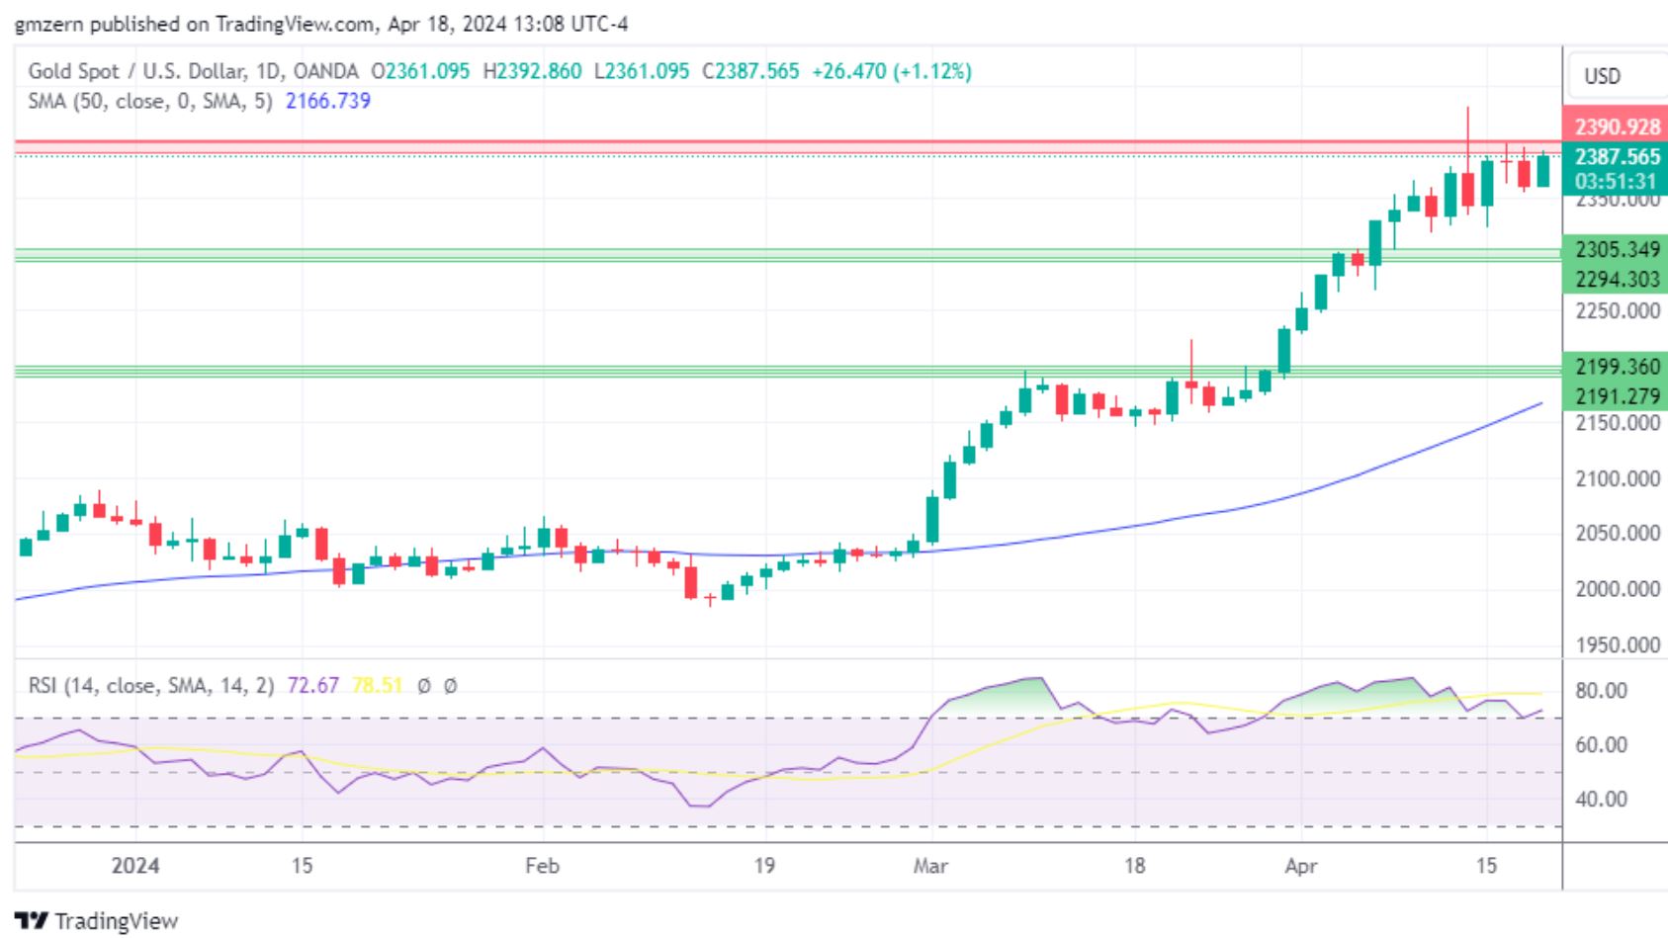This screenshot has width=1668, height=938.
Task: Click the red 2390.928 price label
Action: point(1617,127)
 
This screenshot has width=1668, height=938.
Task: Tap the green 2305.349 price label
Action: point(1617,249)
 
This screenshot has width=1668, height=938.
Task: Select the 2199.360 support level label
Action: point(1617,367)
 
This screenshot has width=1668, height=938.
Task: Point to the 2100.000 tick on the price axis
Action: point(1617,478)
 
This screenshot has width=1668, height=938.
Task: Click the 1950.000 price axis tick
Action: point(1617,644)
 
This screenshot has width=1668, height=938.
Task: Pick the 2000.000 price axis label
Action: point(1617,589)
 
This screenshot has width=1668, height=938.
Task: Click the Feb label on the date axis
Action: point(542,866)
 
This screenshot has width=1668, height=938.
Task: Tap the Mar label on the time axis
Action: point(930,866)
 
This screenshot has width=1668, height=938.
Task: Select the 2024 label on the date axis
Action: point(135,866)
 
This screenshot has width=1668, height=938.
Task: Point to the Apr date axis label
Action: point(1300,866)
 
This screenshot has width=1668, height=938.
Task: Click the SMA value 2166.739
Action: point(327,101)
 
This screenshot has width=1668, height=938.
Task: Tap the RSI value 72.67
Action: point(312,685)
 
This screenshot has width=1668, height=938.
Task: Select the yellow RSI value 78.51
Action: point(377,685)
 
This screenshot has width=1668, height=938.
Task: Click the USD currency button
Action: point(1602,76)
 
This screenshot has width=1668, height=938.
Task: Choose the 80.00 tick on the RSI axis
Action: point(1601,690)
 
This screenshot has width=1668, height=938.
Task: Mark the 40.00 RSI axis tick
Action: point(1601,799)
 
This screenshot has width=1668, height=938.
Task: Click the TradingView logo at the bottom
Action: point(97,921)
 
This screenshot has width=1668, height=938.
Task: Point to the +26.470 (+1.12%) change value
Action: point(891,71)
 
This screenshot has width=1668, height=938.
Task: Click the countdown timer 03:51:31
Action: point(1615,181)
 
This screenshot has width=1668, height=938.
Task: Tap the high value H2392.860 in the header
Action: point(532,71)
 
